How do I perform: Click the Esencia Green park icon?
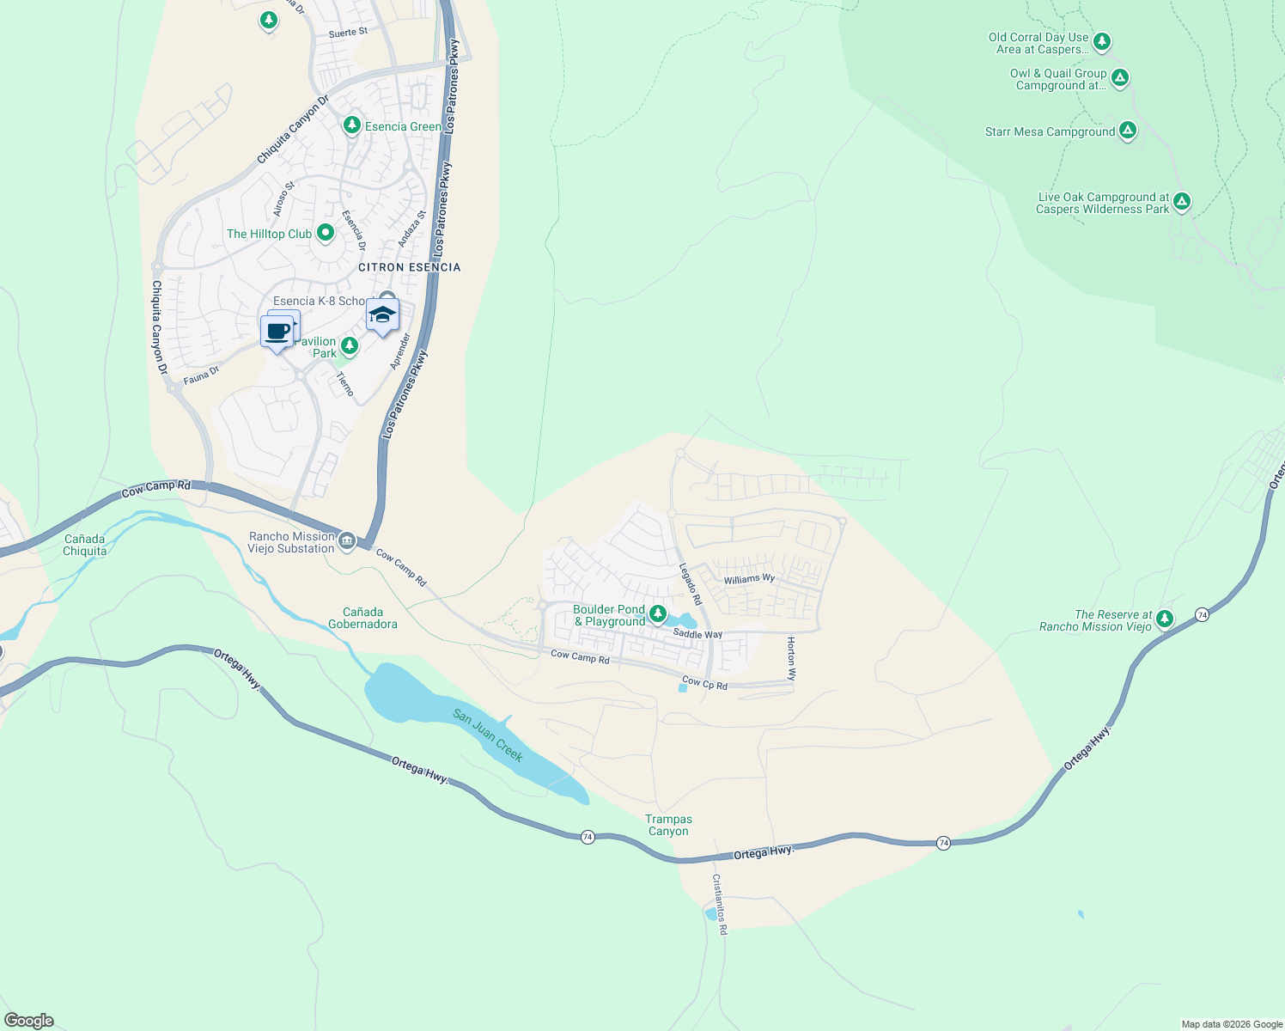coord(351,126)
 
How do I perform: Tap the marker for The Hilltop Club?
coord(326,233)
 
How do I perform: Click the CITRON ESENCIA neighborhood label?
coord(409,267)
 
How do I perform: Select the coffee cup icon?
coord(277,332)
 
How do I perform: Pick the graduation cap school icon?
coord(382,315)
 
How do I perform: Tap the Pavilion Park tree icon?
coord(350,345)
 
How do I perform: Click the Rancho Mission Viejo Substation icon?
coord(347,540)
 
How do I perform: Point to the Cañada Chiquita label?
coord(85,546)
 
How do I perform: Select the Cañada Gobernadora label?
coord(362,619)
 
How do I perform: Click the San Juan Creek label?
coord(488,735)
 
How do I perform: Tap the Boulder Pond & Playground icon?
coord(658,613)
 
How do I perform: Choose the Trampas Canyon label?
coord(668,826)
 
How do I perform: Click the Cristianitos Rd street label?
coord(719,905)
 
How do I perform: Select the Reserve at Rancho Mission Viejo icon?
coord(1165,619)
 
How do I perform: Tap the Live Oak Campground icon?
coord(1182,202)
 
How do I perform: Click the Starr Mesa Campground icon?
coord(1128,131)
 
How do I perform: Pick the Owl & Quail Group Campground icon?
coord(1119,78)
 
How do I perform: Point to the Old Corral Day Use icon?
coord(1101,41)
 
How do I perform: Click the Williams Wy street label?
coord(749,579)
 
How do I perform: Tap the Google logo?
coord(29,1021)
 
